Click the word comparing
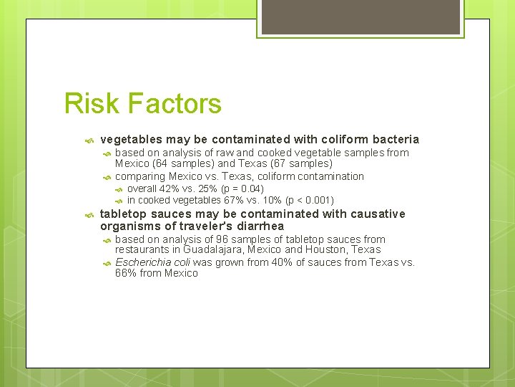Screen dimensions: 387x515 coord(140,176)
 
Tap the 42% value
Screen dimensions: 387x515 coord(169,189)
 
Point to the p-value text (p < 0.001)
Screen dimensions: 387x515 coord(309,201)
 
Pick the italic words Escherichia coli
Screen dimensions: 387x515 coord(152,262)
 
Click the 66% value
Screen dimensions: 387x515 coord(125,273)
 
